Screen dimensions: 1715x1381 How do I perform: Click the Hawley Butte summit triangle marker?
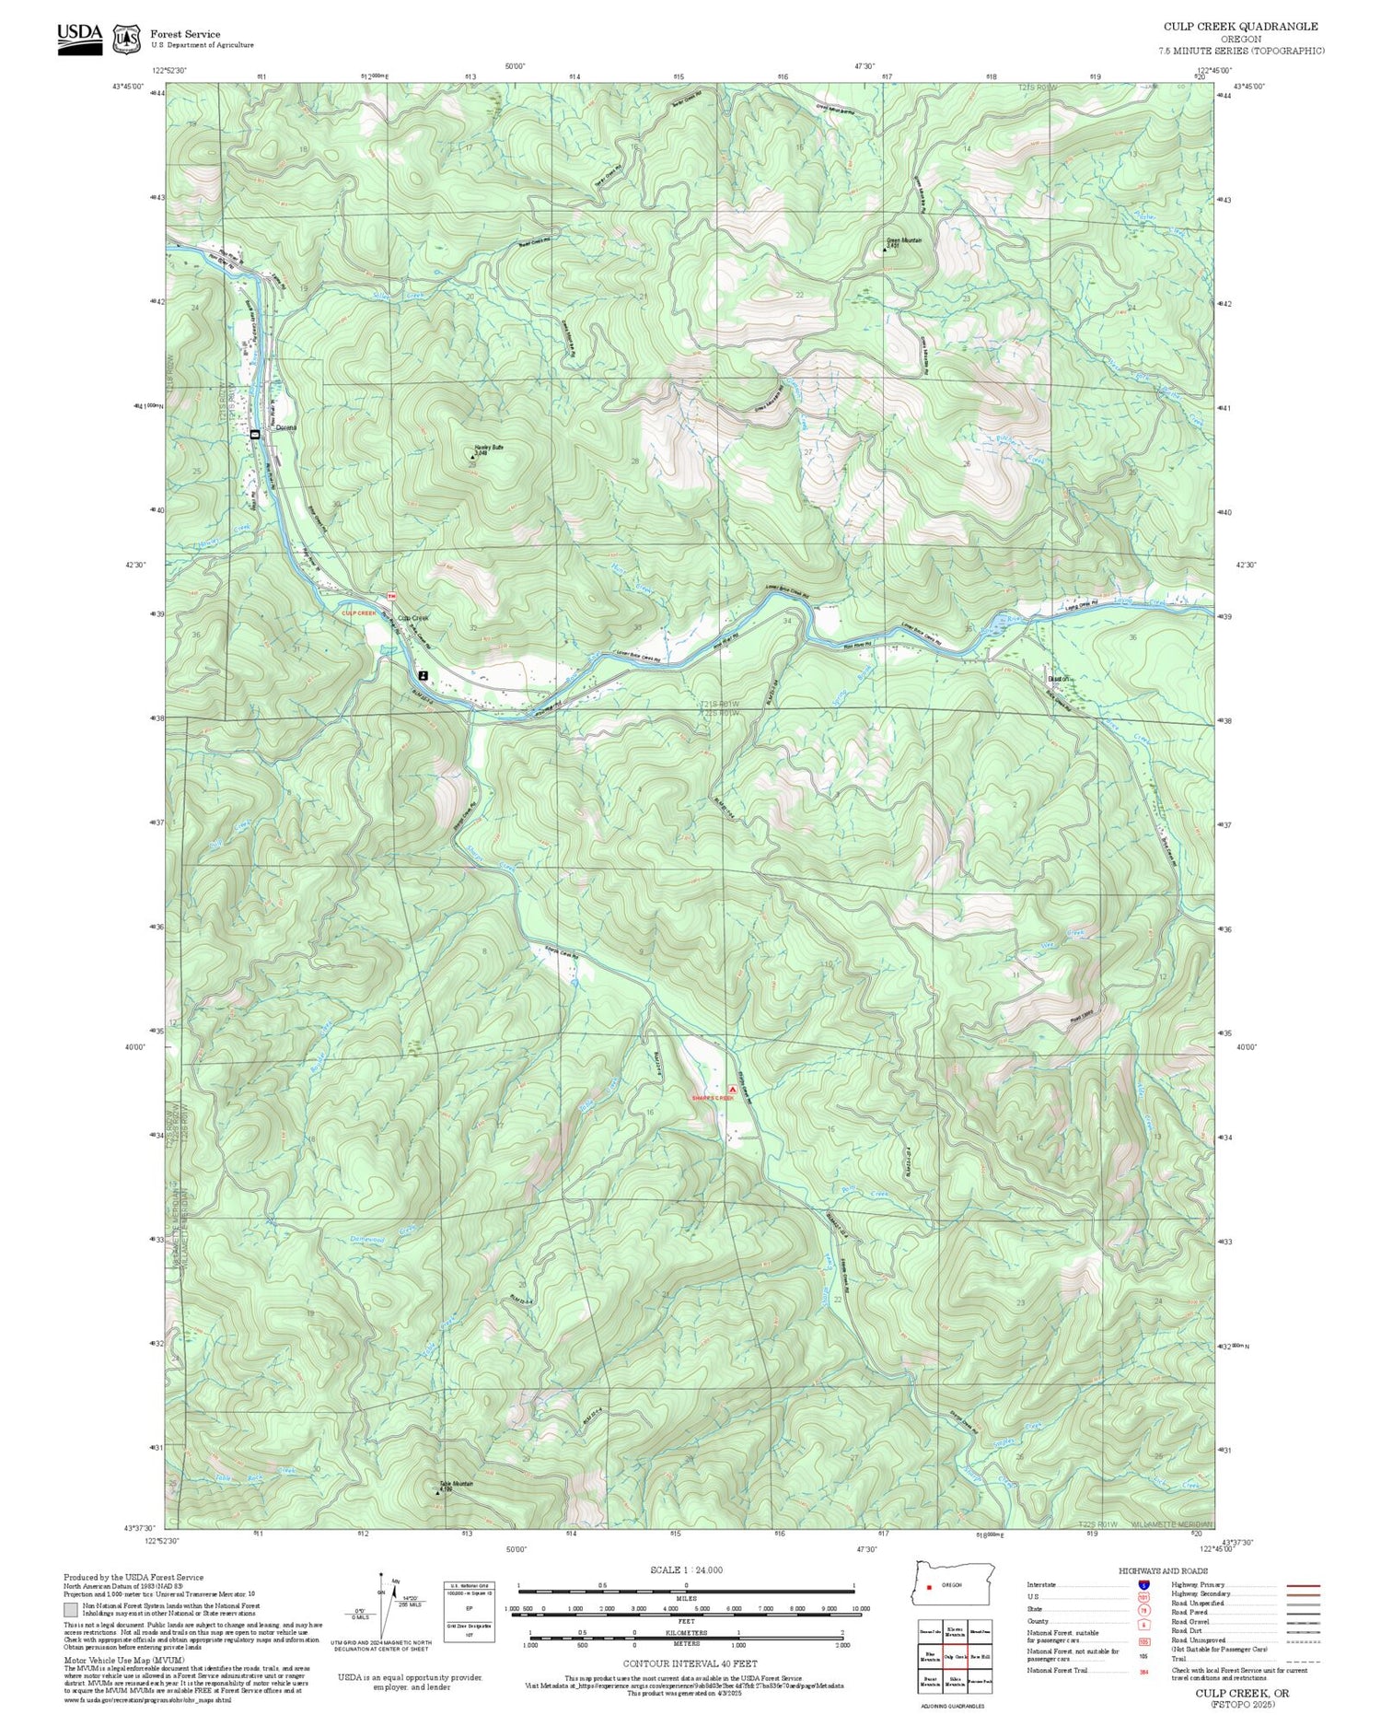(473, 457)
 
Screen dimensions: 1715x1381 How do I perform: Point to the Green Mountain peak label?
(903, 241)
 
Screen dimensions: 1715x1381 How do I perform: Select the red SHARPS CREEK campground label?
(713, 1098)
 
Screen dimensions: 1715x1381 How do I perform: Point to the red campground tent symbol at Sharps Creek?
(733, 1088)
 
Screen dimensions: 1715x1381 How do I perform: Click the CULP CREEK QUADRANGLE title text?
(1239, 27)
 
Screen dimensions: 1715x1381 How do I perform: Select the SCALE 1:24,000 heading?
(686, 1569)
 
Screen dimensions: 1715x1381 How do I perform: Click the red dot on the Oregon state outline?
(930, 1586)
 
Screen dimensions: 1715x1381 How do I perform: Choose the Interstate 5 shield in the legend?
(1143, 1584)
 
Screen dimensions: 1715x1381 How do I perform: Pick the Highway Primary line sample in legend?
(1298, 1586)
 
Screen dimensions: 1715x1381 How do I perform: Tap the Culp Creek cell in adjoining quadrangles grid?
(955, 1656)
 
